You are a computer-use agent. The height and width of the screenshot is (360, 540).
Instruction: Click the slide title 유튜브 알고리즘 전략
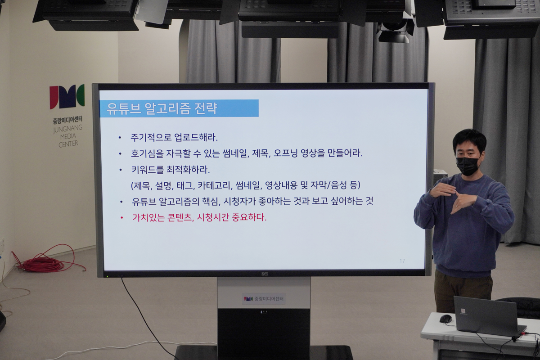162,108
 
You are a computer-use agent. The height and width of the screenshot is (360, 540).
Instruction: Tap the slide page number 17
402,261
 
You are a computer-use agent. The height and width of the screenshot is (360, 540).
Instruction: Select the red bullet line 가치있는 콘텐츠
199,217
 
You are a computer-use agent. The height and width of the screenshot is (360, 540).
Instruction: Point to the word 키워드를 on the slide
147,170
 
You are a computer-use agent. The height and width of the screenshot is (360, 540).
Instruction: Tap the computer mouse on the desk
445,319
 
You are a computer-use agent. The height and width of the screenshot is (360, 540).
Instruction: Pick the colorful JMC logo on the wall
67,97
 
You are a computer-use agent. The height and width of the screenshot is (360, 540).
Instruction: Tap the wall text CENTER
68,144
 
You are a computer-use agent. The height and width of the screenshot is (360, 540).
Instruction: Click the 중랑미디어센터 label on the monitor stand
264,299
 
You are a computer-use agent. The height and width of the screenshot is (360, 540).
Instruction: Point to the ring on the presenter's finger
456,206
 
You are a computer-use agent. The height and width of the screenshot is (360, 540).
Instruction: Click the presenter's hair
469,141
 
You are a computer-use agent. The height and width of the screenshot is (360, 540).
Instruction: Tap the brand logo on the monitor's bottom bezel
265,274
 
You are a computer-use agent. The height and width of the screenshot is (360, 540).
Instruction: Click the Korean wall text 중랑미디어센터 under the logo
68,119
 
